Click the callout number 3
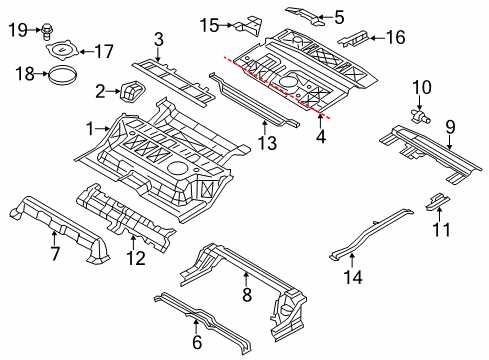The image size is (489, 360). click(158, 40)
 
